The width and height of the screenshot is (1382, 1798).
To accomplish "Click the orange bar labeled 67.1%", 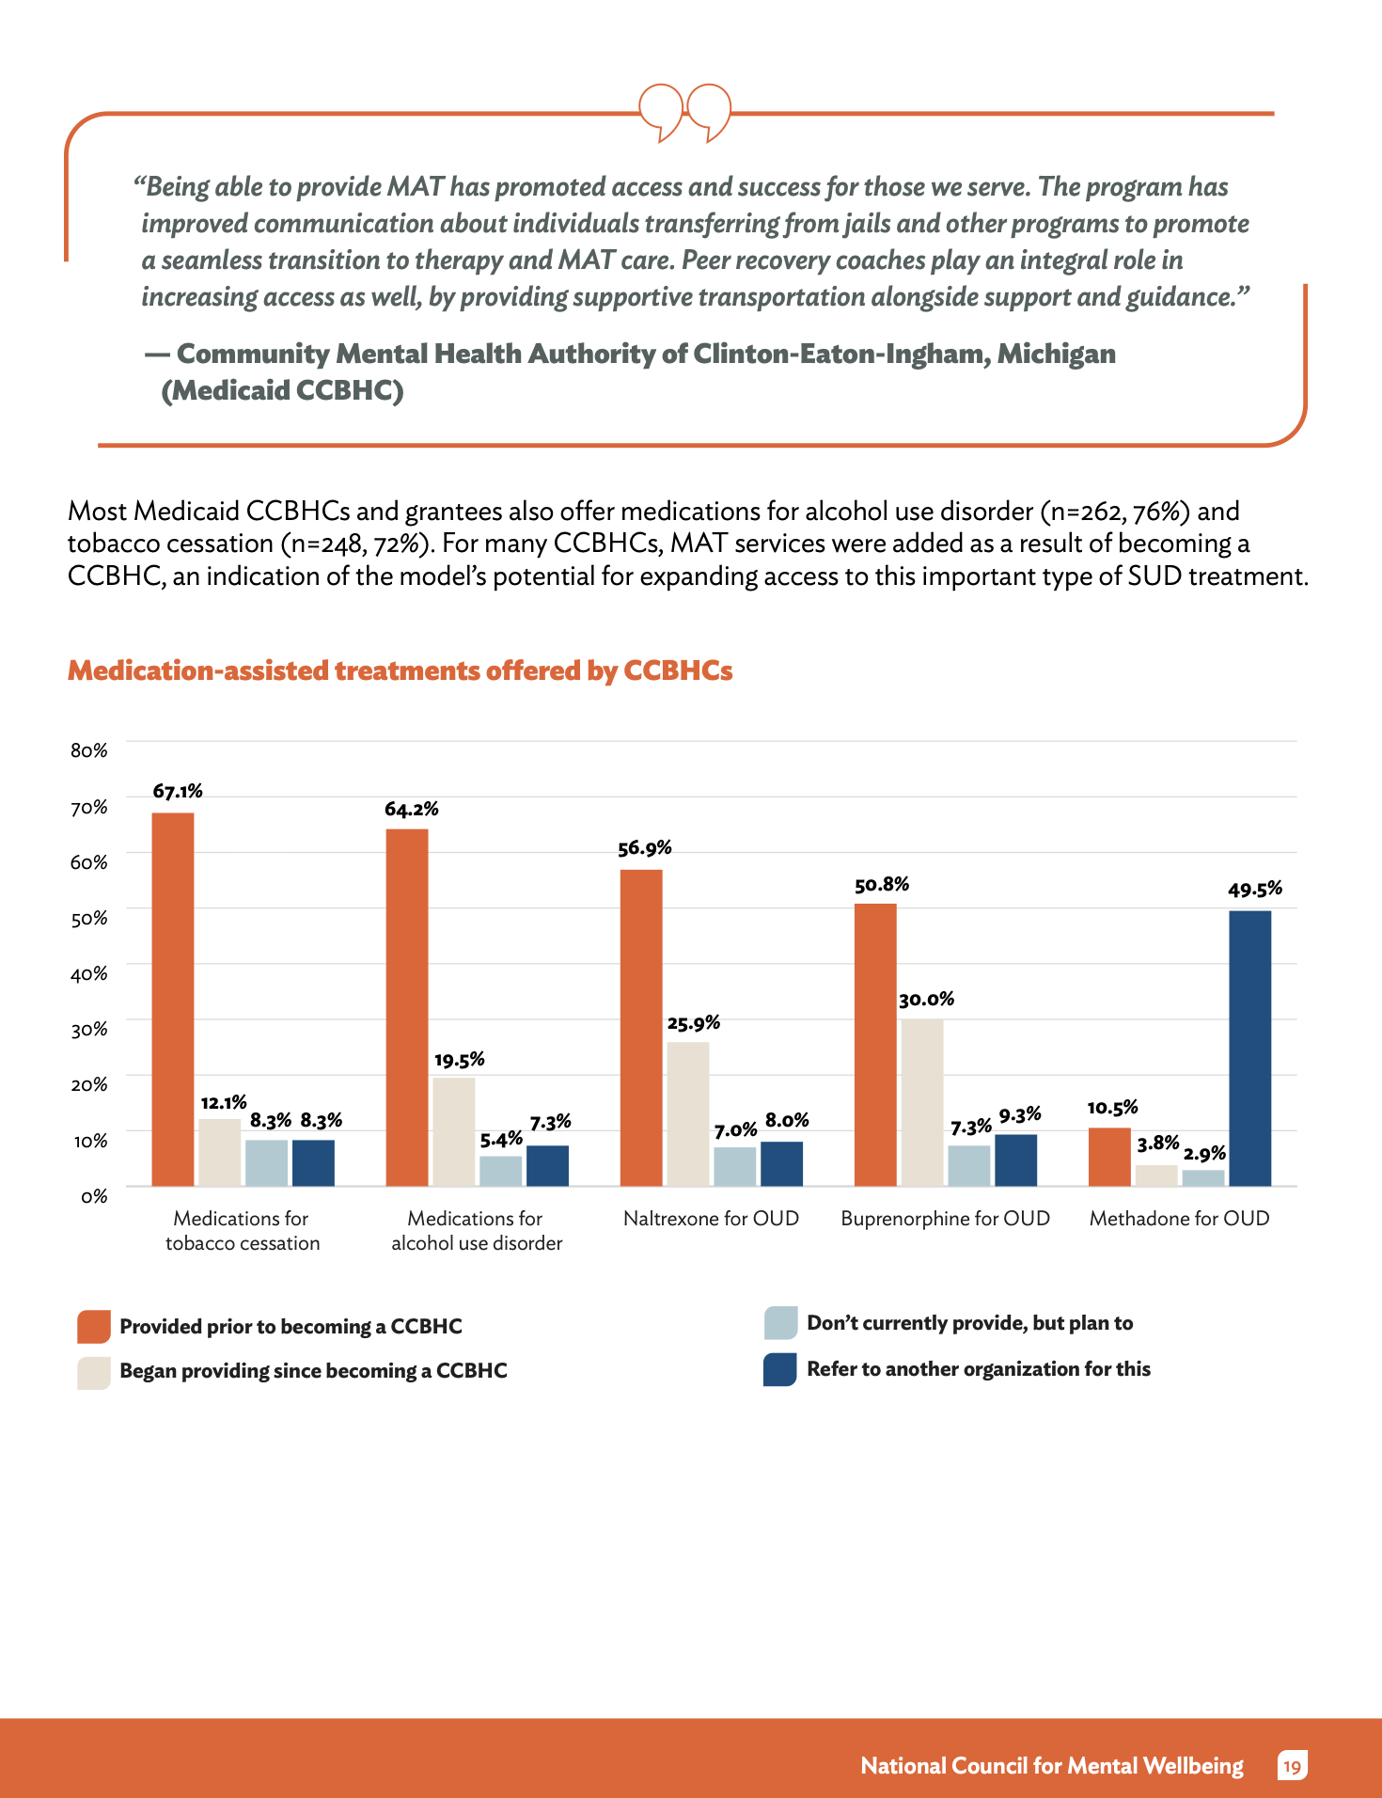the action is coord(173,999).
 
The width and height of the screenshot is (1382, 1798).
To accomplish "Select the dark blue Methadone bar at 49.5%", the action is coord(1249,1049).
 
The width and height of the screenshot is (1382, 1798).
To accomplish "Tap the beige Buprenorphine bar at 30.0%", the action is coord(921,1102).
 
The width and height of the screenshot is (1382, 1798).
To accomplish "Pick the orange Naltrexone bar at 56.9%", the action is coord(641,1028).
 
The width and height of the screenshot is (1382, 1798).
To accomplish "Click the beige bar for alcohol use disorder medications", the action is coord(454,1131).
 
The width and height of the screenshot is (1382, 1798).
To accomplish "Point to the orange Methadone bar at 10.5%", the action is coord(1109,1157).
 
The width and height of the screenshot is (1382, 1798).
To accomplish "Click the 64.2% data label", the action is coord(412,809).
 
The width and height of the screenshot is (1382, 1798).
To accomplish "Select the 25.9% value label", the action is coord(694,1022).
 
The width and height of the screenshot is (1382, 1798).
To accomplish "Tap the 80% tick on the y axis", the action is coord(89,750).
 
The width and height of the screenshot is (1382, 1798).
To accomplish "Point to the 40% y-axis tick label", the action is coord(89,973).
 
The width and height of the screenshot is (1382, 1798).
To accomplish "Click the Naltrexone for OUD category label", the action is coord(711,1218).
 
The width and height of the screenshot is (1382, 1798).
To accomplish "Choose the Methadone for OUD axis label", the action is coord(1179,1218).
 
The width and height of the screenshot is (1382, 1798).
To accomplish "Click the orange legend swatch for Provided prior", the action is coord(94,1327).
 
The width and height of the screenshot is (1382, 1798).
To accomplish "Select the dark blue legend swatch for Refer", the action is coord(780,1369).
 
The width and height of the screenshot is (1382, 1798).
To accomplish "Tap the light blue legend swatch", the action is coord(780,1322).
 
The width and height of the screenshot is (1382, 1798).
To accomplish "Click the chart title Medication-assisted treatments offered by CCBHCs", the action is coord(400,670).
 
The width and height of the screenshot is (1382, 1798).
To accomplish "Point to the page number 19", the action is coord(1293,1766).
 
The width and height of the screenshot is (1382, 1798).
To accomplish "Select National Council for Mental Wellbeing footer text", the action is coord(1052,1766).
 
